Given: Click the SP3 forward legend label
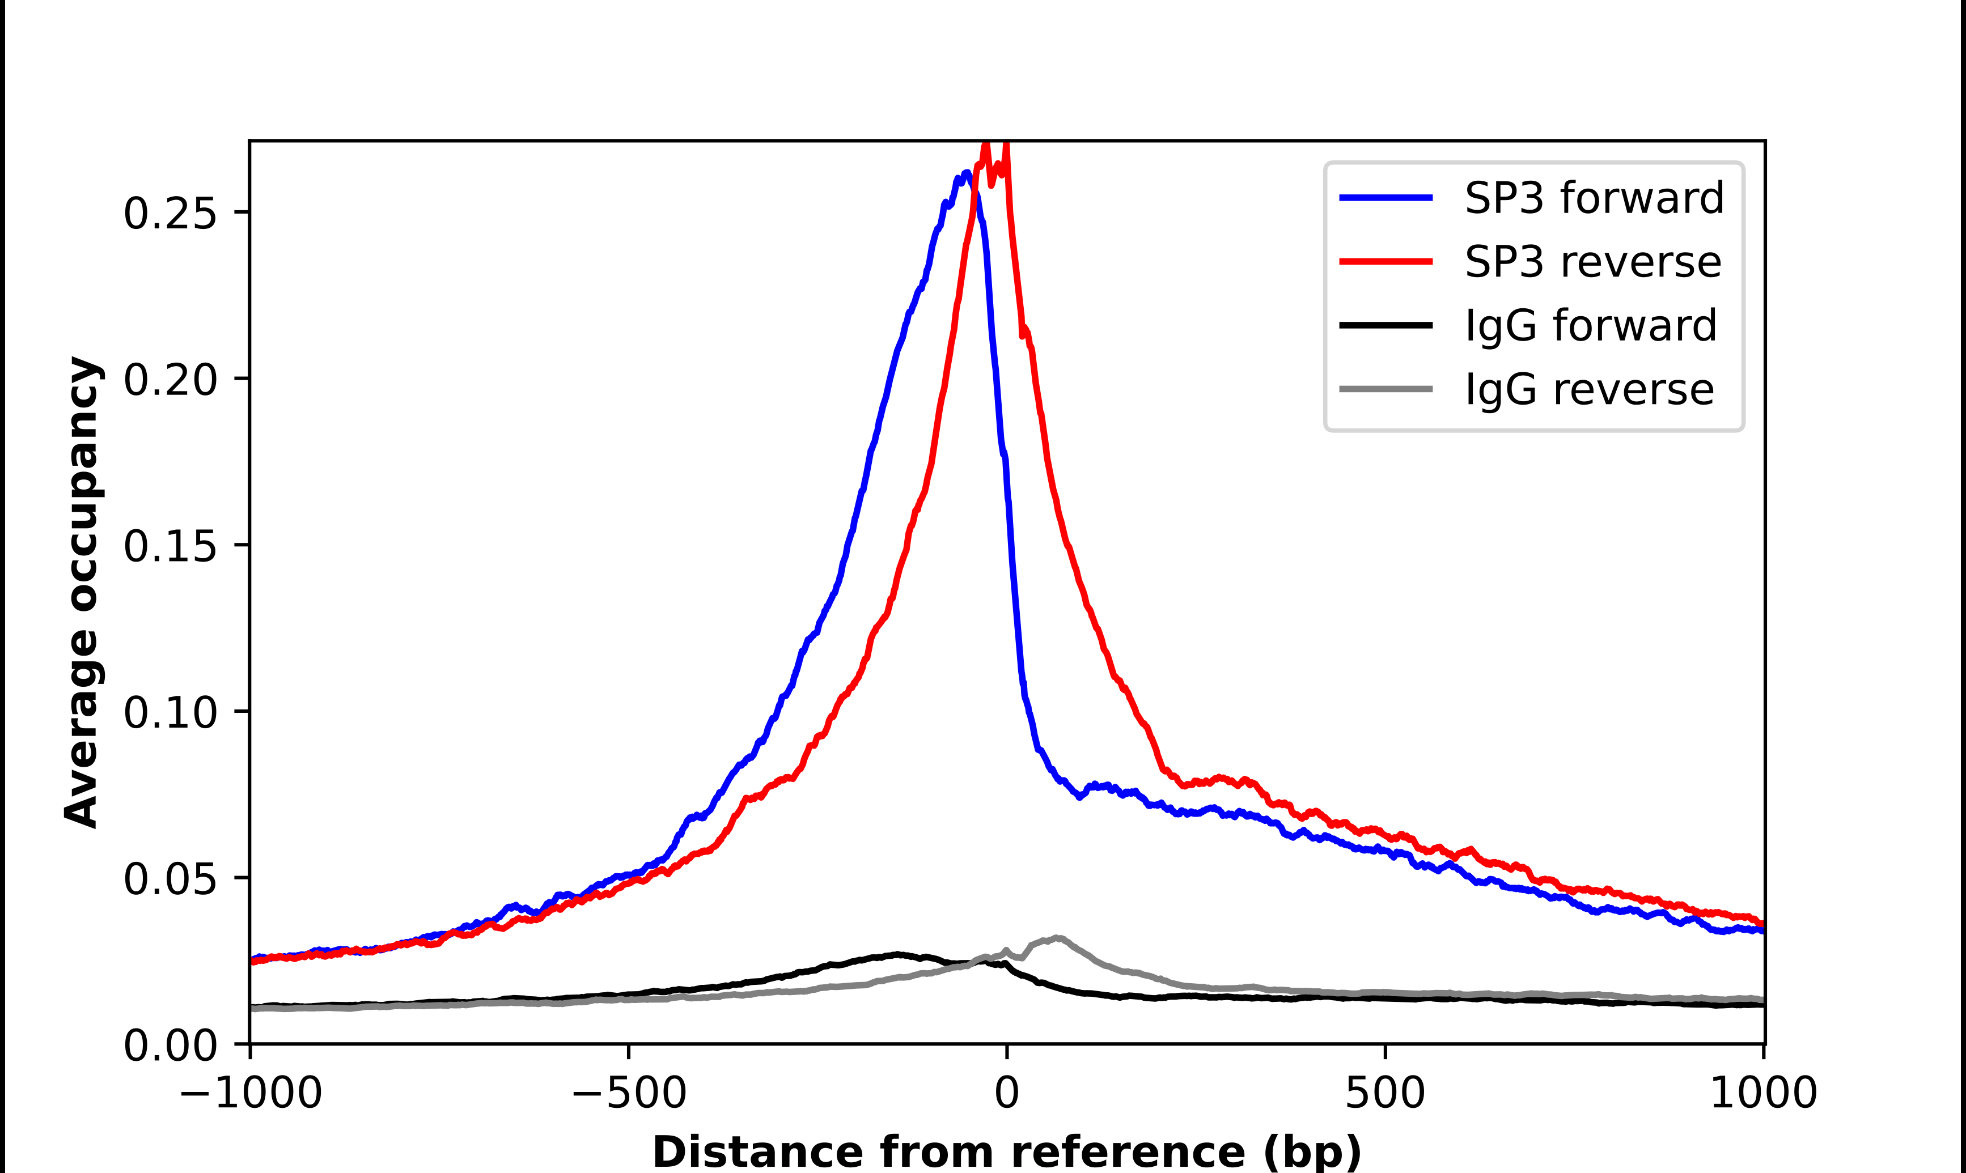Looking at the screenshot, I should tap(1594, 198).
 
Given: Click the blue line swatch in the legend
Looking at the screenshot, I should tap(1385, 198).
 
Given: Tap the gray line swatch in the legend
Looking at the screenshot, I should tap(1385, 389).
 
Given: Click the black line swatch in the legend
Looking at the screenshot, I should tap(1385, 325).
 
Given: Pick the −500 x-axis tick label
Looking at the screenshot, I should tap(629, 1093).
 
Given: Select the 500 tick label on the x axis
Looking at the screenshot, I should tap(1385, 1093).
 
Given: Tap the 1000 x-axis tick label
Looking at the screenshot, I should tap(1763, 1093).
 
